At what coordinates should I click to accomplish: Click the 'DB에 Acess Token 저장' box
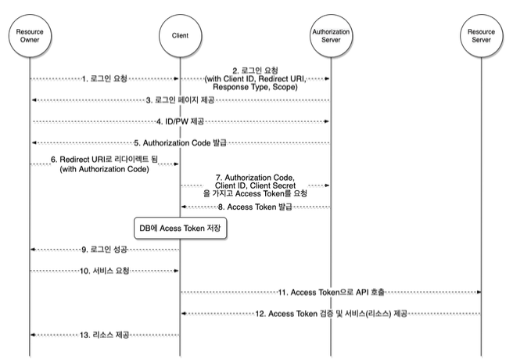181,228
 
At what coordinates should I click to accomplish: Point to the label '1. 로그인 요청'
104,79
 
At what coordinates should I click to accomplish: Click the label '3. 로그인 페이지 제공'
180,100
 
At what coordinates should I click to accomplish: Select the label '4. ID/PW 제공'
180,122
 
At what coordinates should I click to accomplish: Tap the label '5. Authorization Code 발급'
180,143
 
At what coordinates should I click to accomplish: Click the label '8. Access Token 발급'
255,207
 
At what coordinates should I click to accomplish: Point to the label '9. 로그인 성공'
104,250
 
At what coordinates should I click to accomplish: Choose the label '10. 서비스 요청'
104,271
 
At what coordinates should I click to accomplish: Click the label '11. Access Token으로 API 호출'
331,292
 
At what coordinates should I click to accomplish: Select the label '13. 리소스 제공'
104,335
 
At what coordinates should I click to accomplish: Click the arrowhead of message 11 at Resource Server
479,292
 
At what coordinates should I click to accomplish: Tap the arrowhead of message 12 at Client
184,314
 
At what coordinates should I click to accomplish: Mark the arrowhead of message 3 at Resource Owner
34,100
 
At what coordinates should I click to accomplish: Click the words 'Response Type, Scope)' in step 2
255,87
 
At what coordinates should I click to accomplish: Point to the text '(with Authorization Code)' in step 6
104,169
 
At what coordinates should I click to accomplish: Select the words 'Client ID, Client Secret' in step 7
255,185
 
